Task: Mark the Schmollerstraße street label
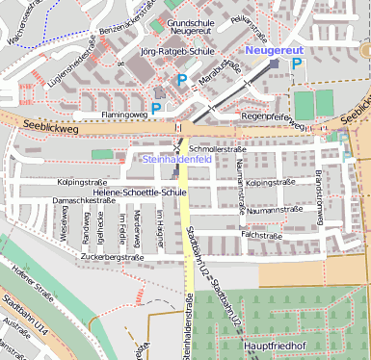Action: click(x=218, y=149)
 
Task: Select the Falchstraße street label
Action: click(x=260, y=234)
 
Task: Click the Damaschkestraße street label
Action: click(x=77, y=200)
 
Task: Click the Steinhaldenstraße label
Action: click(x=184, y=331)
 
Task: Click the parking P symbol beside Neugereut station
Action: click(x=296, y=64)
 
